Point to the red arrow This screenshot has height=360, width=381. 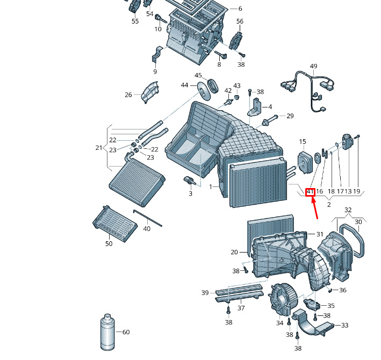point(314,208)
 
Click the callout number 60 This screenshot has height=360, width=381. point(126,332)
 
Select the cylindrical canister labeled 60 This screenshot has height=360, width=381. point(107,332)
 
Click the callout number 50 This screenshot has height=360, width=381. point(109,243)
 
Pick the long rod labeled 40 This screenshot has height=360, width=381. point(147,218)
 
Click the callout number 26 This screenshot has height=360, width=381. point(128,95)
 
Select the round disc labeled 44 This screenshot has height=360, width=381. point(203,91)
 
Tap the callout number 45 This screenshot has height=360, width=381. point(198,75)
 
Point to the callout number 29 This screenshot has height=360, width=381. point(290,116)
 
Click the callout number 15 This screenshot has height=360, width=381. point(303,142)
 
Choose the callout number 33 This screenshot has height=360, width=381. point(344,325)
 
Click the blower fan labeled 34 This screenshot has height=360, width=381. point(283,299)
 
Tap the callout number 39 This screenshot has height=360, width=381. point(205,293)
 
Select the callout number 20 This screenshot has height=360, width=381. point(234,252)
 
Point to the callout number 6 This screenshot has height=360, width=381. point(240,9)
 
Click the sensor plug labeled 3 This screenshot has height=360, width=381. point(189,180)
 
